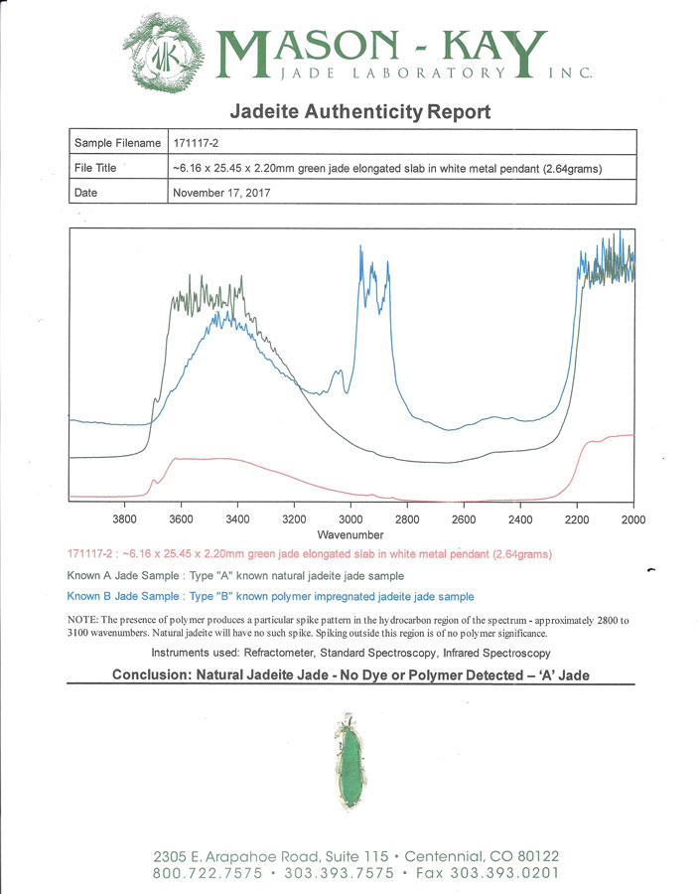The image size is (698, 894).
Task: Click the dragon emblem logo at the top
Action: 163,54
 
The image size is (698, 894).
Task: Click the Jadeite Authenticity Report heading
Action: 360,111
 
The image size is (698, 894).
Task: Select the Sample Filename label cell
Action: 118,142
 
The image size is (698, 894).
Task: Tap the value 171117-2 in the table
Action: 196,143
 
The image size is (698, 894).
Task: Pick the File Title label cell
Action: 118,168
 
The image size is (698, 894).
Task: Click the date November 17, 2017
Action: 221,193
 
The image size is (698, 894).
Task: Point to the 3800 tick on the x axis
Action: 124,520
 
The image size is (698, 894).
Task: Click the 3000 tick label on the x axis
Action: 350,520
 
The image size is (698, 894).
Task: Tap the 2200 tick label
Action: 577,520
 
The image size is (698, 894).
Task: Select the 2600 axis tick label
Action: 464,520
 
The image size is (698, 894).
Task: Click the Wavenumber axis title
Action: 350,534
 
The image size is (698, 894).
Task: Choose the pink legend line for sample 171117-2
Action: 310,554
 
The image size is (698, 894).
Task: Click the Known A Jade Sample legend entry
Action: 235,576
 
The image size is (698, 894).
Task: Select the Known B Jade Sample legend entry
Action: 271,596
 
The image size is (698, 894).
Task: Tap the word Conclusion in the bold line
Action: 151,675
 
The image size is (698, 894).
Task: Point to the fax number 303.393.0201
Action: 504,873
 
